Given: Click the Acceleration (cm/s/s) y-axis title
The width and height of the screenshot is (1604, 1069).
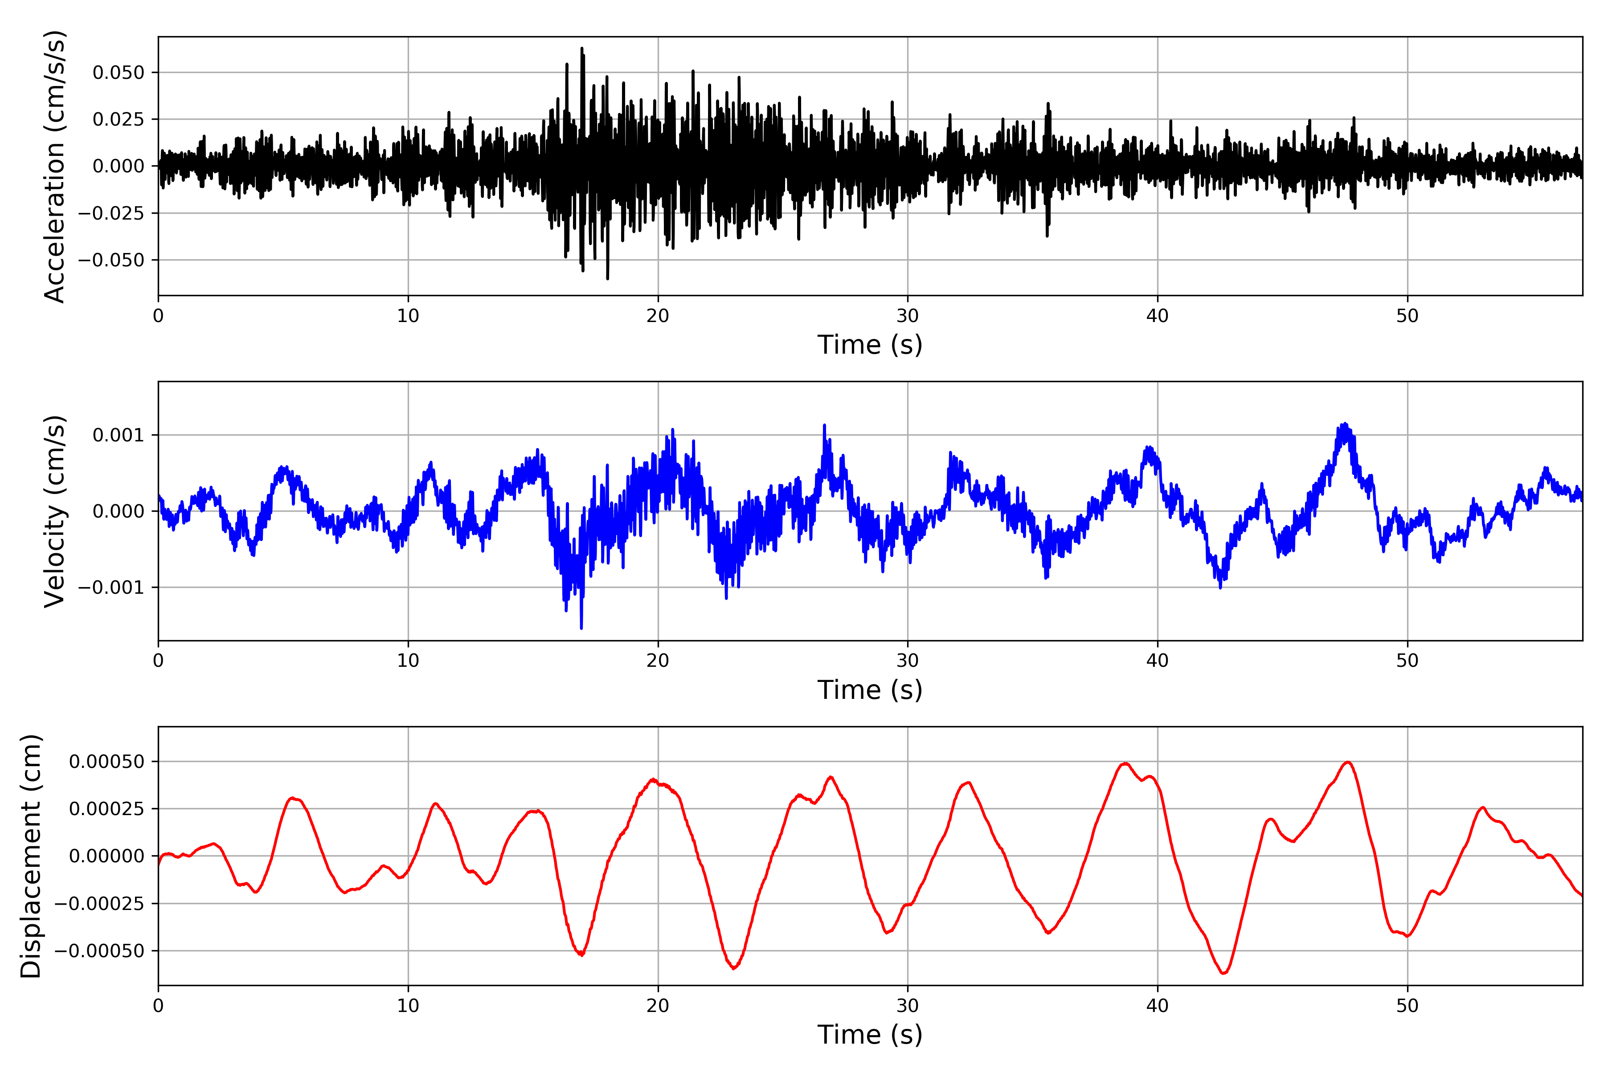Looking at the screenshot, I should tap(54, 166).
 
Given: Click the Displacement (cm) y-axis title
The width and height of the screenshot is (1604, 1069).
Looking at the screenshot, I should tap(31, 856).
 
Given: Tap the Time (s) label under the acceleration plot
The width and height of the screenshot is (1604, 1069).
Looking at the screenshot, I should tap(870, 345).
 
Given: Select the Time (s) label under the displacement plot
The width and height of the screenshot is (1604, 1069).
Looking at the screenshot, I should tap(870, 1035).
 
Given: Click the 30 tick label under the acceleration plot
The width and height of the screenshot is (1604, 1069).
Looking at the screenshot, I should tap(907, 316).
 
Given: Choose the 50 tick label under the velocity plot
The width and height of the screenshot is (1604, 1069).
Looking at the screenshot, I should tap(1407, 661).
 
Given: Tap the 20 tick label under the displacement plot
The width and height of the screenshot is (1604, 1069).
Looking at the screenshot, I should tap(658, 1006).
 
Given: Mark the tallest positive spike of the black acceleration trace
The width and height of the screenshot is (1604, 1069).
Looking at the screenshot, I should tap(582, 49).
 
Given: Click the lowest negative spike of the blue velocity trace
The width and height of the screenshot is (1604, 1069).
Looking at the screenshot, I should tap(581, 627).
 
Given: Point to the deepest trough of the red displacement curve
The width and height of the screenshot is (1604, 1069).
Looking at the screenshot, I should tap(1223, 973).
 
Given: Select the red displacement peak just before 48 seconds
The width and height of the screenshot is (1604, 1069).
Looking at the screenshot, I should tap(1348, 762).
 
